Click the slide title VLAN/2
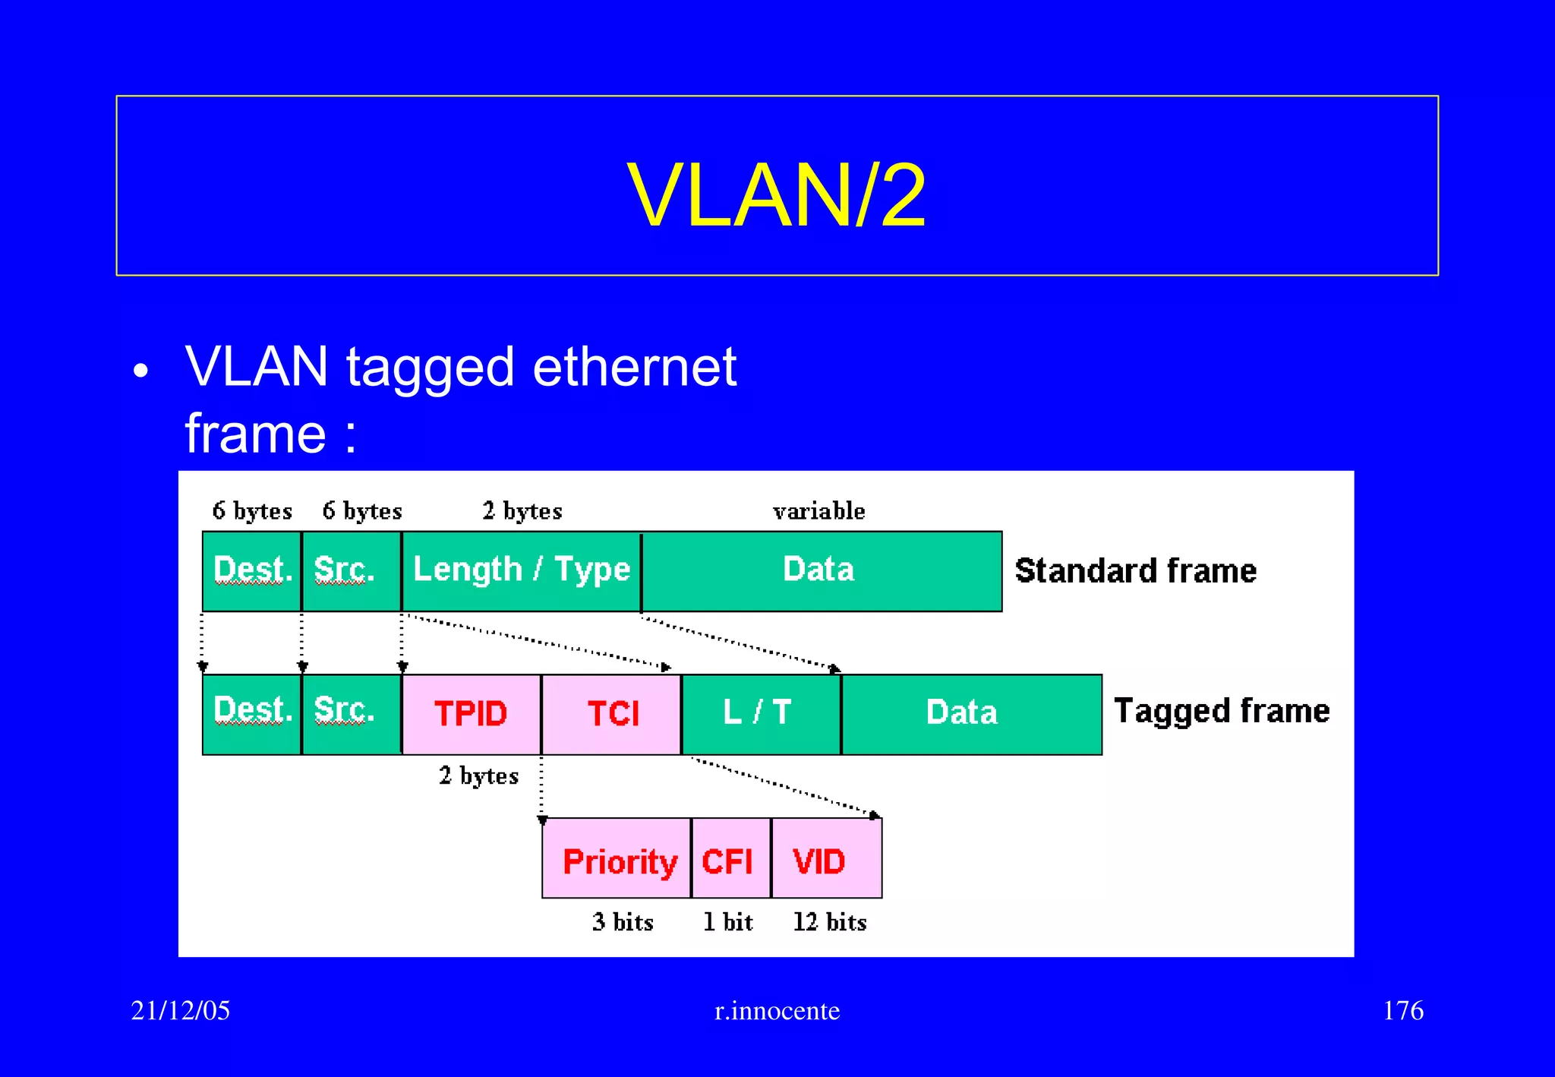pos(776,196)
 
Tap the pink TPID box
pos(471,714)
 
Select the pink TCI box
pos(612,714)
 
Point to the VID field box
pos(825,859)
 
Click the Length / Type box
pos(521,570)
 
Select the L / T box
pos(761,714)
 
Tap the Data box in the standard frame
pos(820,570)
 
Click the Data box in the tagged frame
pos(970,714)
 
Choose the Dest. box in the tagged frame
pos(252,714)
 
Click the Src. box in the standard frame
pos(350,570)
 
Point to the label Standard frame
pos(1135,571)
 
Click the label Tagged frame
pos(1221,712)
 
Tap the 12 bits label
pos(829,922)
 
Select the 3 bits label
pos(623,922)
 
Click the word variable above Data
pos(819,510)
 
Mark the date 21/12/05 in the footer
pos(181,1011)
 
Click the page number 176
pos(1402,1011)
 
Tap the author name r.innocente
pos(777,1011)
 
